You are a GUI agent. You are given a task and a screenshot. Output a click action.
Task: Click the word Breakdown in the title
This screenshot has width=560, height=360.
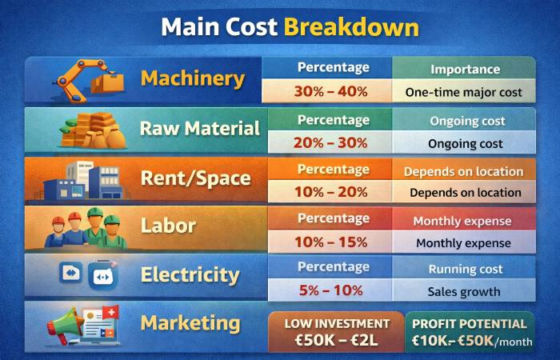click(351, 27)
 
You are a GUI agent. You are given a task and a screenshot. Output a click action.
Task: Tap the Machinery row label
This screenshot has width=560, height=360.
click(192, 78)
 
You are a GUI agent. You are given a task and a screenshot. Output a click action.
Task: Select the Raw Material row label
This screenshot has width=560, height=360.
click(199, 129)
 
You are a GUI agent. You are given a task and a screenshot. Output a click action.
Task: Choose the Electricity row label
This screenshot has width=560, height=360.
click(190, 275)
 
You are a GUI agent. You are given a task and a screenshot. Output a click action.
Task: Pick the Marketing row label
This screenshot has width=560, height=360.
click(190, 323)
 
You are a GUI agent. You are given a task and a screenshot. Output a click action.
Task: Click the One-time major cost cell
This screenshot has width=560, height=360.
click(464, 92)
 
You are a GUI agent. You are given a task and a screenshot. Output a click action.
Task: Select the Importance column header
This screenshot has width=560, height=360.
click(465, 70)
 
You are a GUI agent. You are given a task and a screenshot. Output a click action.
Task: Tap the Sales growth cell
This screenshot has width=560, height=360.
click(465, 292)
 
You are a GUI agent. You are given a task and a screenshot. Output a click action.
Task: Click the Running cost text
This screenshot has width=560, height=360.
click(465, 269)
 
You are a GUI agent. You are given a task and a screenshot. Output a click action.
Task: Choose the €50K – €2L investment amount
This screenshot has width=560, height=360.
click(337, 342)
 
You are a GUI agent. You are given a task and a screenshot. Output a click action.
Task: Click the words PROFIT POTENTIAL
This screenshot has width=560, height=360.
click(469, 324)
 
